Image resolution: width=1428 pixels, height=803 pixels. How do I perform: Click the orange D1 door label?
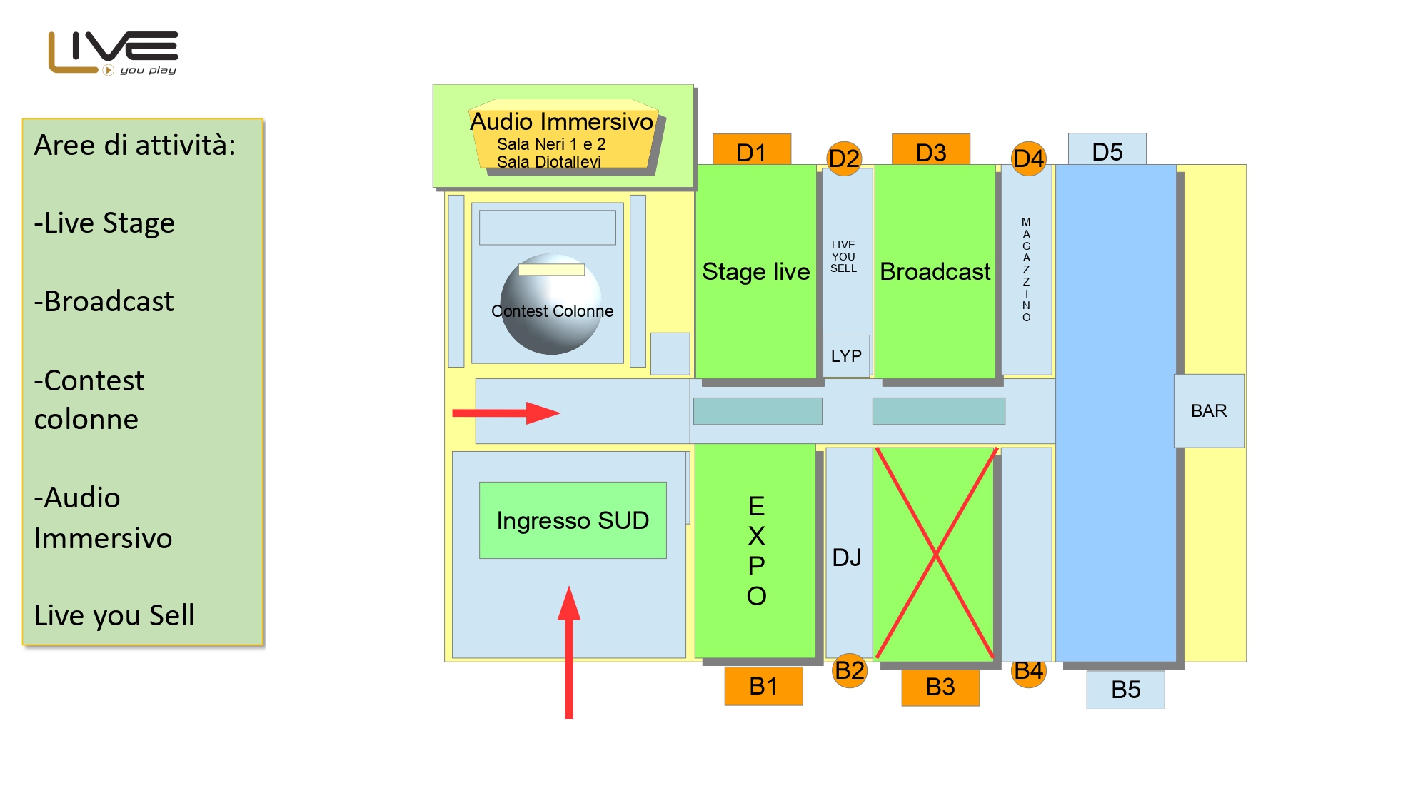[x=751, y=151]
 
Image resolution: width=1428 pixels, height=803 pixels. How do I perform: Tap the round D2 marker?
[x=844, y=158]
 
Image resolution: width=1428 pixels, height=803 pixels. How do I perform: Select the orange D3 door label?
[x=930, y=151]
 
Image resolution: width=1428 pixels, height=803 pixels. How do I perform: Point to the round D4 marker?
[x=1028, y=158]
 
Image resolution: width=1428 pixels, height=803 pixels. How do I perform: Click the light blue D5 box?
[x=1107, y=150]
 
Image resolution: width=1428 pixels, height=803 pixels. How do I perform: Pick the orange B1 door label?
[x=763, y=686]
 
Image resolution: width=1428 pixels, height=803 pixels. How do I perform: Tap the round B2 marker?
[x=850, y=670]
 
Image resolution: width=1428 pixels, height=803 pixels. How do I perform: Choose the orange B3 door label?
[x=940, y=687]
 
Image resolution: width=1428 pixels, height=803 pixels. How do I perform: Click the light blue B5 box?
[x=1125, y=690]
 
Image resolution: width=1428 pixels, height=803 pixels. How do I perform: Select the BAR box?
[x=1209, y=411]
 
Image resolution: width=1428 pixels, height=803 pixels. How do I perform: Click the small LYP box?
[x=846, y=355]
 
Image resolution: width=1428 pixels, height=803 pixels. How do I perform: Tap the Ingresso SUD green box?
[x=573, y=520]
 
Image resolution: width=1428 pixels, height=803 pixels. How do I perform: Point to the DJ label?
[x=847, y=557]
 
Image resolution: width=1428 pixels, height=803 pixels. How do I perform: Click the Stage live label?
[x=756, y=271]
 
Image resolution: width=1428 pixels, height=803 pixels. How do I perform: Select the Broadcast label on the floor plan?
[x=935, y=271]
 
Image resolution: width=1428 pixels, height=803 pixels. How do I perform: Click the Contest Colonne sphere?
[x=551, y=305]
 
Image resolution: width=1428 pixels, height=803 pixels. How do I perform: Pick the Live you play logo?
[x=114, y=53]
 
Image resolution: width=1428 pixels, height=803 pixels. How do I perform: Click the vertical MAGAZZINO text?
[x=1026, y=270]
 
